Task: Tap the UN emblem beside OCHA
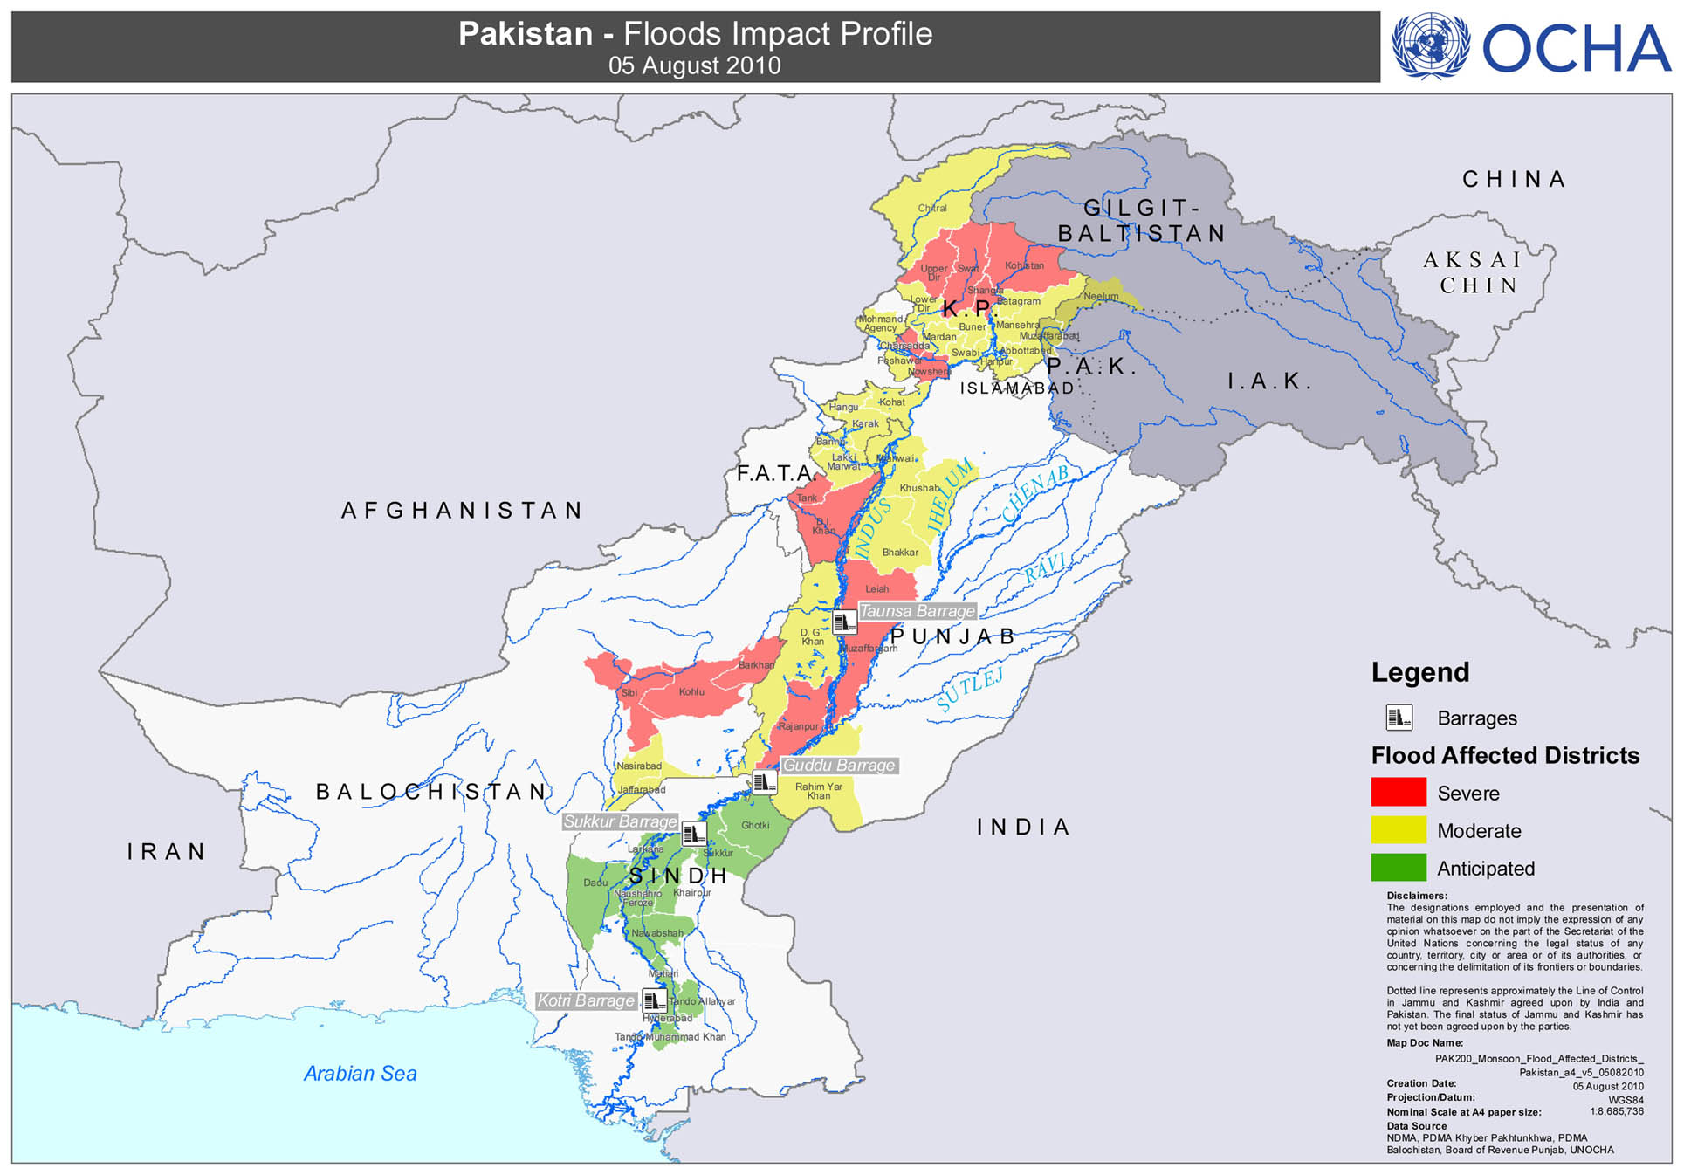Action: (x=1430, y=46)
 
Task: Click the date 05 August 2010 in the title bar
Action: (x=694, y=65)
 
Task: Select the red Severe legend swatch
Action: (x=1398, y=792)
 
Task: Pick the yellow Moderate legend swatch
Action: (x=1398, y=829)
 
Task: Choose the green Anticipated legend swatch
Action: (x=1398, y=867)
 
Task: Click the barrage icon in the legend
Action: (x=1399, y=718)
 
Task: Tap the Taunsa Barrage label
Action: (x=917, y=611)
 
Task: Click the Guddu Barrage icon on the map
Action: (x=765, y=782)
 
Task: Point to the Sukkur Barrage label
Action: (x=620, y=821)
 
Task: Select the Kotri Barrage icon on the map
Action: (x=654, y=1000)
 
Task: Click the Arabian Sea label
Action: (x=360, y=1073)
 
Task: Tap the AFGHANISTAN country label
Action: (x=462, y=510)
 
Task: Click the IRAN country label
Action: (x=167, y=851)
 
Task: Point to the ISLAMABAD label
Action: (x=1016, y=388)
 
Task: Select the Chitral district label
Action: (x=931, y=208)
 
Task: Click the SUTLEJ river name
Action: (x=970, y=689)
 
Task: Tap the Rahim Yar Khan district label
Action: (x=818, y=791)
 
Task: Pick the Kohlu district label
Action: (x=691, y=691)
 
